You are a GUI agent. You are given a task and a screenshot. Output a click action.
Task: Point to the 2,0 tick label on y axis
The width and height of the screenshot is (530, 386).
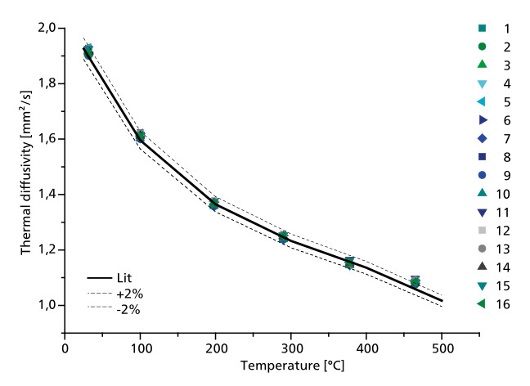(46, 28)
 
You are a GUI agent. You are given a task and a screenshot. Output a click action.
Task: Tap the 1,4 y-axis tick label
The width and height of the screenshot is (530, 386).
(46, 195)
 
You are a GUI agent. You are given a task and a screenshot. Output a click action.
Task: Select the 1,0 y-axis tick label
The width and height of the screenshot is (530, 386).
(46, 305)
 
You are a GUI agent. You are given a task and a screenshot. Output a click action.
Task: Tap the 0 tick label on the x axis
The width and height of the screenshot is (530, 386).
(65, 346)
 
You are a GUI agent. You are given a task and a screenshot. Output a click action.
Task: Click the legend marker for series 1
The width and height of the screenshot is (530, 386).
(482, 29)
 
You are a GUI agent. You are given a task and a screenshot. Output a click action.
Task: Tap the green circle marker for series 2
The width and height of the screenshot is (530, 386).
(482, 47)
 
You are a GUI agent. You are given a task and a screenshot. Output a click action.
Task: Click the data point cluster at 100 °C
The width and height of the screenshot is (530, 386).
(140, 135)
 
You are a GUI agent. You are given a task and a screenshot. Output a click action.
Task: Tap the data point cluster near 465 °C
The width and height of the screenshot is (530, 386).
(415, 282)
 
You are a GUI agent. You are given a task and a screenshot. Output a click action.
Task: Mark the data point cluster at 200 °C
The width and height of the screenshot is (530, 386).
(214, 203)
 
